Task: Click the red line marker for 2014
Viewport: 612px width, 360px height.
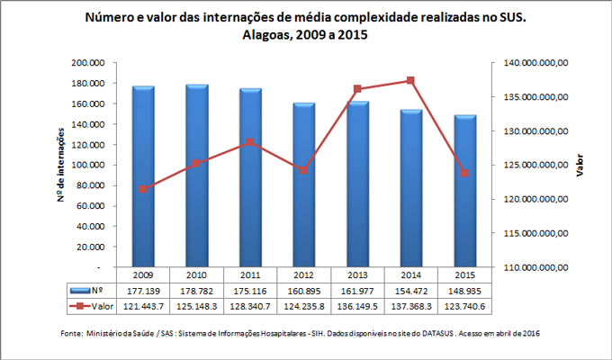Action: tap(411, 80)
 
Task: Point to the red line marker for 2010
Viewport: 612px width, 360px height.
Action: tap(196, 163)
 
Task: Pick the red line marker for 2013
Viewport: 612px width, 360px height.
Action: tap(358, 89)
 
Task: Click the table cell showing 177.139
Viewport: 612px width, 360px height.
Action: tap(143, 291)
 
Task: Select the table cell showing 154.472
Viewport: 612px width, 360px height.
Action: tap(411, 291)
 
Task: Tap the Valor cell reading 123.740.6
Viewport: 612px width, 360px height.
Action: tap(465, 306)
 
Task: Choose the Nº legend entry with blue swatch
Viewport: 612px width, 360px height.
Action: tap(90, 291)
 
